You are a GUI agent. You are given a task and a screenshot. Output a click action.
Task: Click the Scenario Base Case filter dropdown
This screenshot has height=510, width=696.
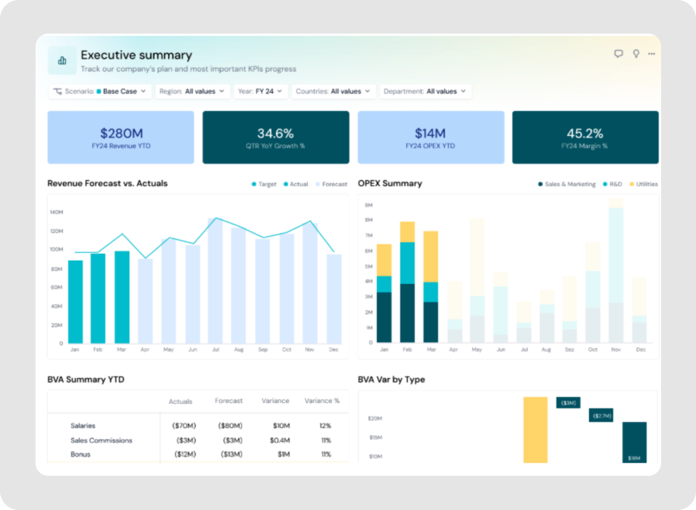pyautogui.click(x=100, y=91)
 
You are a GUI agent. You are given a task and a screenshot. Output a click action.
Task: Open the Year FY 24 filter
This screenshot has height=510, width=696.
pyautogui.click(x=261, y=91)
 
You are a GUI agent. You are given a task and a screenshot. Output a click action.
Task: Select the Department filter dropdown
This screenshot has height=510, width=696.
pyautogui.click(x=425, y=91)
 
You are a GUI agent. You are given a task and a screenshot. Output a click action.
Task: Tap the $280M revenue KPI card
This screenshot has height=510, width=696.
pyautogui.click(x=121, y=137)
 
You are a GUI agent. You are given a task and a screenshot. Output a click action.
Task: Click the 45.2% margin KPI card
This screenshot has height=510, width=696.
pyautogui.click(x=584, y=137)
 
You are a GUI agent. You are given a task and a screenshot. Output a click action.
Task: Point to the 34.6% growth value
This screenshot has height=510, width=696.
pyautogui.click(x=275, y=133)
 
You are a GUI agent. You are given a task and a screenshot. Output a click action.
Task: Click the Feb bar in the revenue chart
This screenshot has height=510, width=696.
pyautogui.click(x=98, y=298)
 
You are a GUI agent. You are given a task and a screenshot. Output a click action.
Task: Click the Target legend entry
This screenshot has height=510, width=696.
pyautogui.click(x=264, y=185)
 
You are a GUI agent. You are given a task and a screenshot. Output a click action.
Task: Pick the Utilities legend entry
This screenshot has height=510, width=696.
pyautogui.click(x=643, y=185)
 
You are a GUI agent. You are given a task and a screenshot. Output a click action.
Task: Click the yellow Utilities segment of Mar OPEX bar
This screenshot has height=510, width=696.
pyautogui.click(x=431, y=256)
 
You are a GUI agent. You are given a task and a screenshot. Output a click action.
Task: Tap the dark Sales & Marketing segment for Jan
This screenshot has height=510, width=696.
pyautogui.click(x=384, y=317)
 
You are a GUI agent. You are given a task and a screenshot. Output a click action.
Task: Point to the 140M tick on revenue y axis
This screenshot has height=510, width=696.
pyautogui.click(x=56, y=212)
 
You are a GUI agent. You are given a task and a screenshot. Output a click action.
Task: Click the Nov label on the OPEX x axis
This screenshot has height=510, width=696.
pyautogui.click(x=615, y=350)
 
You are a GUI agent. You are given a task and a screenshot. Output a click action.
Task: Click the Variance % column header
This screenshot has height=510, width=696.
pyautogui.click(x=322, y=401)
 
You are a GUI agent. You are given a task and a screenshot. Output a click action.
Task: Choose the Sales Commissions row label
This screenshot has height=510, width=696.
pyautogui.click(x=101, y=440)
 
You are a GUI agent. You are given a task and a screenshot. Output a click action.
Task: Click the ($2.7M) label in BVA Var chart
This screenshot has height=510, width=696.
pyautogui.click(x=601, y=416)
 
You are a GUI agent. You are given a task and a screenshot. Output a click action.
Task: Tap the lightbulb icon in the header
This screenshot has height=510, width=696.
pyautogui.click(x=636, y=54)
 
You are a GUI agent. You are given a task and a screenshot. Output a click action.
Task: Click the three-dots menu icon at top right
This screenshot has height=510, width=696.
pyautogui.click(x=652, y=54)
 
